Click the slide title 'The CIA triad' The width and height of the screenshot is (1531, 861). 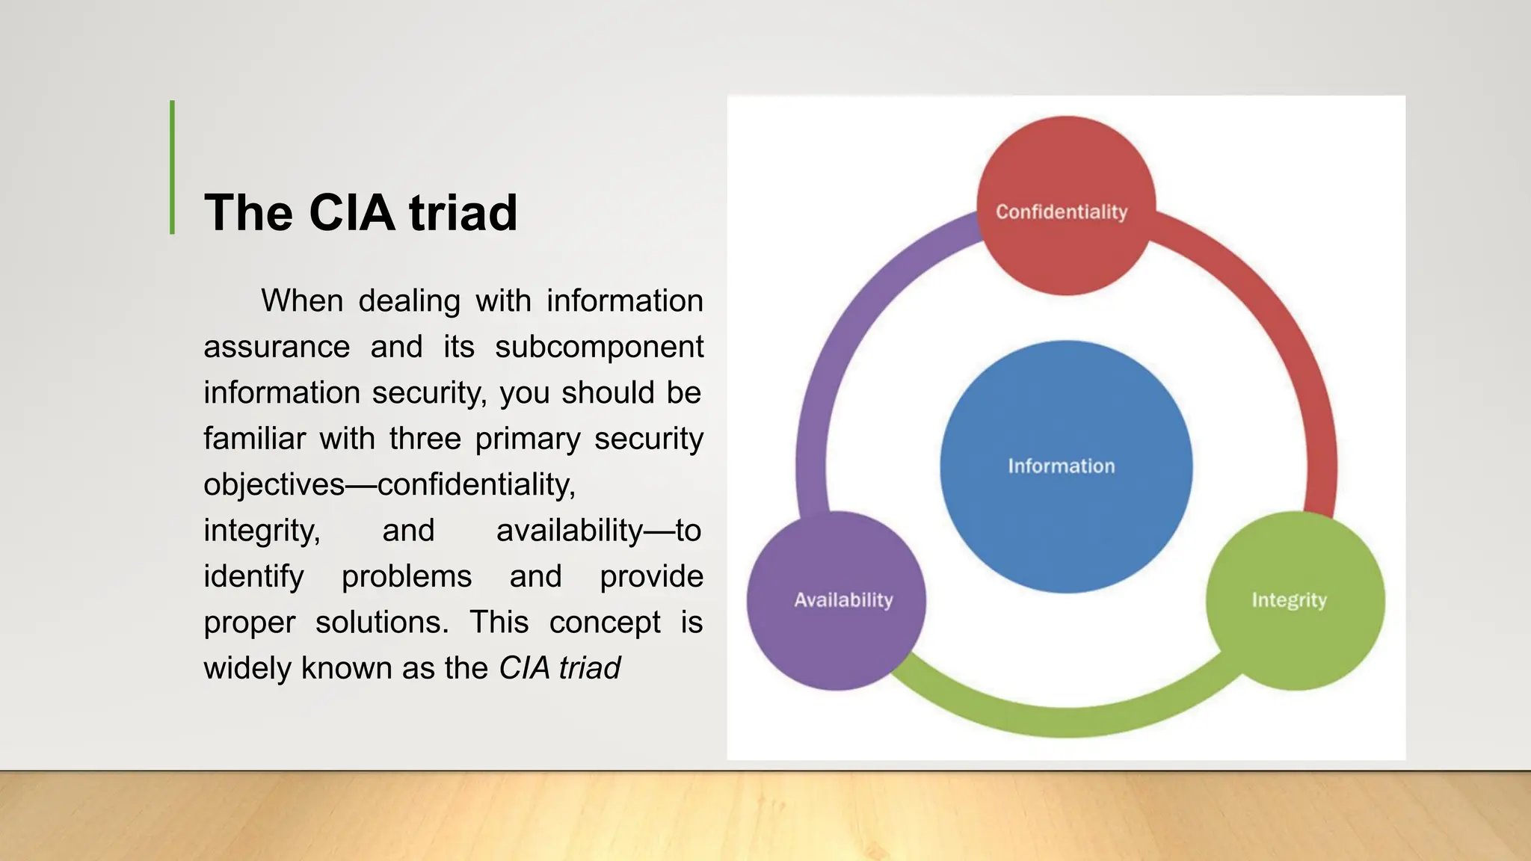click(360, 212)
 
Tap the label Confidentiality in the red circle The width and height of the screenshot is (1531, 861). click(1061, 212)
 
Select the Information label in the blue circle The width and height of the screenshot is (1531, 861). click(1061, 466)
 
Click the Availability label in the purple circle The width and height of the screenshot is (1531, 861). click(843, 600)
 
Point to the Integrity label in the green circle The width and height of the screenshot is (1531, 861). click(1289, 600)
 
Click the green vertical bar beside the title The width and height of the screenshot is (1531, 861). click(173, 167)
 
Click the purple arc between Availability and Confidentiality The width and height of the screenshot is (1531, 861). click(845, 336)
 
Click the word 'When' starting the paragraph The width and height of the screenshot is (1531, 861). click(302, 301)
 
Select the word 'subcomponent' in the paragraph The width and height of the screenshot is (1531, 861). click(599, 348)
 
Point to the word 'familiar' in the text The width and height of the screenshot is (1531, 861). click(255, 439)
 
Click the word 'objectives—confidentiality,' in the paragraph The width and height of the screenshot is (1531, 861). click(389, 485)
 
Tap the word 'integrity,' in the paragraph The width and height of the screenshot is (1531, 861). click(262, 531)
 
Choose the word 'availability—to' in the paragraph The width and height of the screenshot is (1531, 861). click(598, 531)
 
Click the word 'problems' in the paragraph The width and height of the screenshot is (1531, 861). click(407, 577)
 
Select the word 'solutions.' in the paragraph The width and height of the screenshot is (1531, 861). click(382, 623)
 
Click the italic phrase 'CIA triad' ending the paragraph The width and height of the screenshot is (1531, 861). click(560, 668)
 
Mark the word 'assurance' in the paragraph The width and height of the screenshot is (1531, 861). click(277, 348)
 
